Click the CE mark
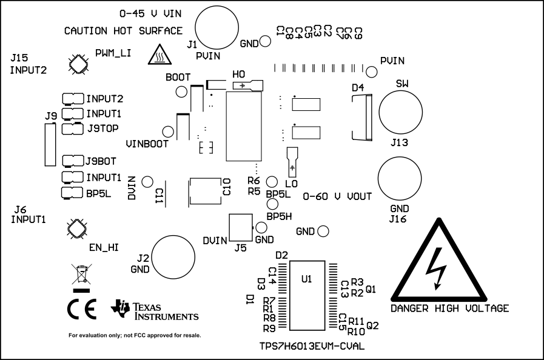tap(81, 310)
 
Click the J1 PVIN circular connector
tap(217, 26)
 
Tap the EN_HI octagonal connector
tap(77, 228)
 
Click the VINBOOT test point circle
tap(167, 132)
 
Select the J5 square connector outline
tap(240, 228)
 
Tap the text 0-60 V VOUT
tap(337, 196)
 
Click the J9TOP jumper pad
tap(72, 128)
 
